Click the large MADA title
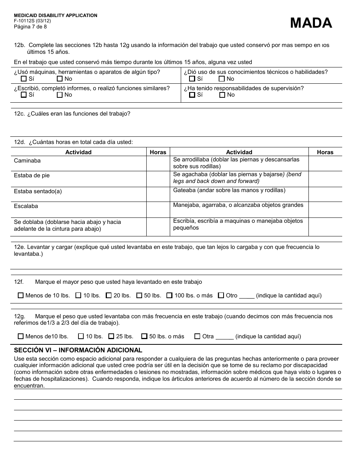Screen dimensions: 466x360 [x=311, y=23]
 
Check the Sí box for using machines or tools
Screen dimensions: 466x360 [x=23, y=79]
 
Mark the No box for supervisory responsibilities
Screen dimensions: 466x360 [x=222, y=95]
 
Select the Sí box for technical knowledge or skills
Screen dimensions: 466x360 [x=192, y=79]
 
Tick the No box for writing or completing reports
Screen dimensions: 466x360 [x=59, y=95]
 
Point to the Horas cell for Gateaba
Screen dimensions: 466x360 [x=325, y=194]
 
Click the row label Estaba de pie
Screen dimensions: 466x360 [x=32, y=175]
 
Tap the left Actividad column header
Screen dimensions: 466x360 [x=78, y=152]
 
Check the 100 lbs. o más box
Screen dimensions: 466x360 [x=169, y=295]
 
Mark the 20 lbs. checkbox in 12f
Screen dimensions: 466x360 [x=109, y=295]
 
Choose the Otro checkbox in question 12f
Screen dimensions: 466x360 [x=221, y=295]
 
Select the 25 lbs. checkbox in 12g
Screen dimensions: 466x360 [x=111, y=336]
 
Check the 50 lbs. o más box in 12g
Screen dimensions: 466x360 [x=144, y=336]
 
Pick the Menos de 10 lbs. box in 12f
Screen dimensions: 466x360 [x=20, y=295]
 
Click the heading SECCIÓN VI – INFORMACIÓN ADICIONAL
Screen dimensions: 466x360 [x=78, y=350]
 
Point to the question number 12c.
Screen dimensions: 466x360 [x=19, y=114]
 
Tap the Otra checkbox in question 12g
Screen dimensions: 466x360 [x=197, y=336]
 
